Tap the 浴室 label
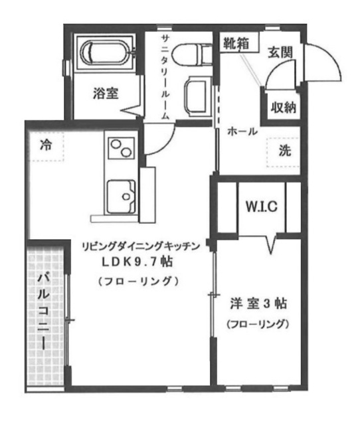tap(106, 94)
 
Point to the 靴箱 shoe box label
tap(236, 46)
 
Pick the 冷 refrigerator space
tap(45, 144)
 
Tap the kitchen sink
tap(122, 194)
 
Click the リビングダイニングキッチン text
tap(139, 246)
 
